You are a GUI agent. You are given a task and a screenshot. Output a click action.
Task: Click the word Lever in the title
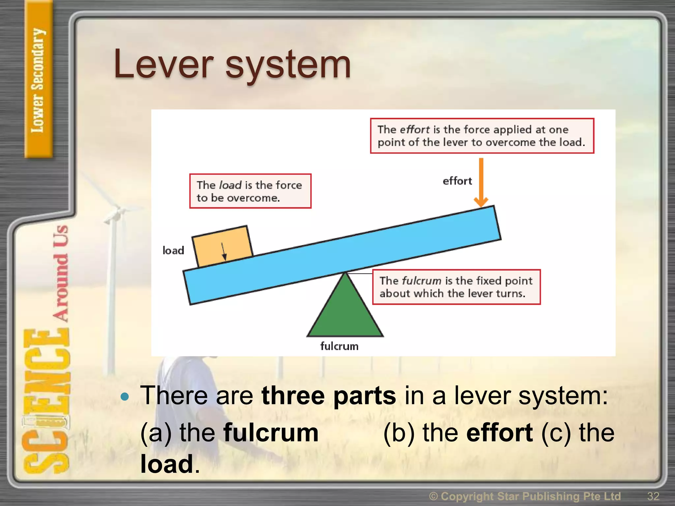click(163, 64)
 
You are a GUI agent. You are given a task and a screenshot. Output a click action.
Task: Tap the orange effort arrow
click(481, 182)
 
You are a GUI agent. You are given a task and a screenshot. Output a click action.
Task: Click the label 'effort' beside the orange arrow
click(457, 181)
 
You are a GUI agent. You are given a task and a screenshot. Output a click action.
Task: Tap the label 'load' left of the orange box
click(173, 250)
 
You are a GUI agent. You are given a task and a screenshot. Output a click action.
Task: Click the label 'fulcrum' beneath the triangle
click(339, 346)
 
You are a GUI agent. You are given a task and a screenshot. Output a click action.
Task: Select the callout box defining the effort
click(482, 136)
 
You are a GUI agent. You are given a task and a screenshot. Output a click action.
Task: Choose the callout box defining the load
click(250, 191)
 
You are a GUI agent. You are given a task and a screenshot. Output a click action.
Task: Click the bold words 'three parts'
click(328, 395)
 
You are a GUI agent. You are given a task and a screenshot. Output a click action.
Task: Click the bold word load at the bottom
click(166, 464)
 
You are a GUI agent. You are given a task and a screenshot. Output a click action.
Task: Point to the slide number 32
click(653, 496)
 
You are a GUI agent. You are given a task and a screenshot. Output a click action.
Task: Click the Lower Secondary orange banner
click(38, 79)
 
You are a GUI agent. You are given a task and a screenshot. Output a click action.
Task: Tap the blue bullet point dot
click(125, 396)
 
